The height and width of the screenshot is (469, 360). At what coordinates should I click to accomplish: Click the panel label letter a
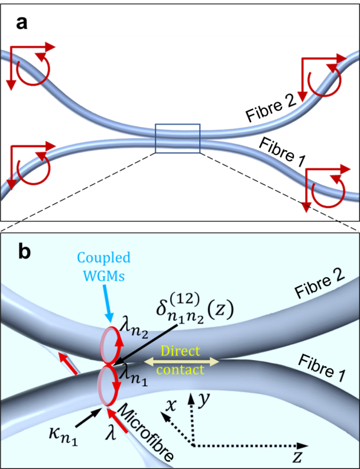(22, 24)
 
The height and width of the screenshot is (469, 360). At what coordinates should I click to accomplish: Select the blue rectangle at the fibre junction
(177, 138)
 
